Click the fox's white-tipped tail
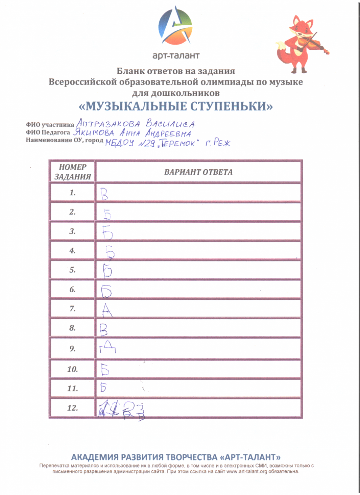(283, 53)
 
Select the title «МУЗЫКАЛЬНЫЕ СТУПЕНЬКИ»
(176, 106)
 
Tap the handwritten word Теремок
(179, 144)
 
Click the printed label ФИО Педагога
(48, 132)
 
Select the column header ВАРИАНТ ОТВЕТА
(198, 172)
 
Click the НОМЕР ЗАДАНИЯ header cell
(72, 172)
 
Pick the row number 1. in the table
(72, 193)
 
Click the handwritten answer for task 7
(107, 311)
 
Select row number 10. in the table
(72, 369)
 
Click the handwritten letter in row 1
(104, 194)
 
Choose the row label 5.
(72, 270)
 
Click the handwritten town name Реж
(222, 143)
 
